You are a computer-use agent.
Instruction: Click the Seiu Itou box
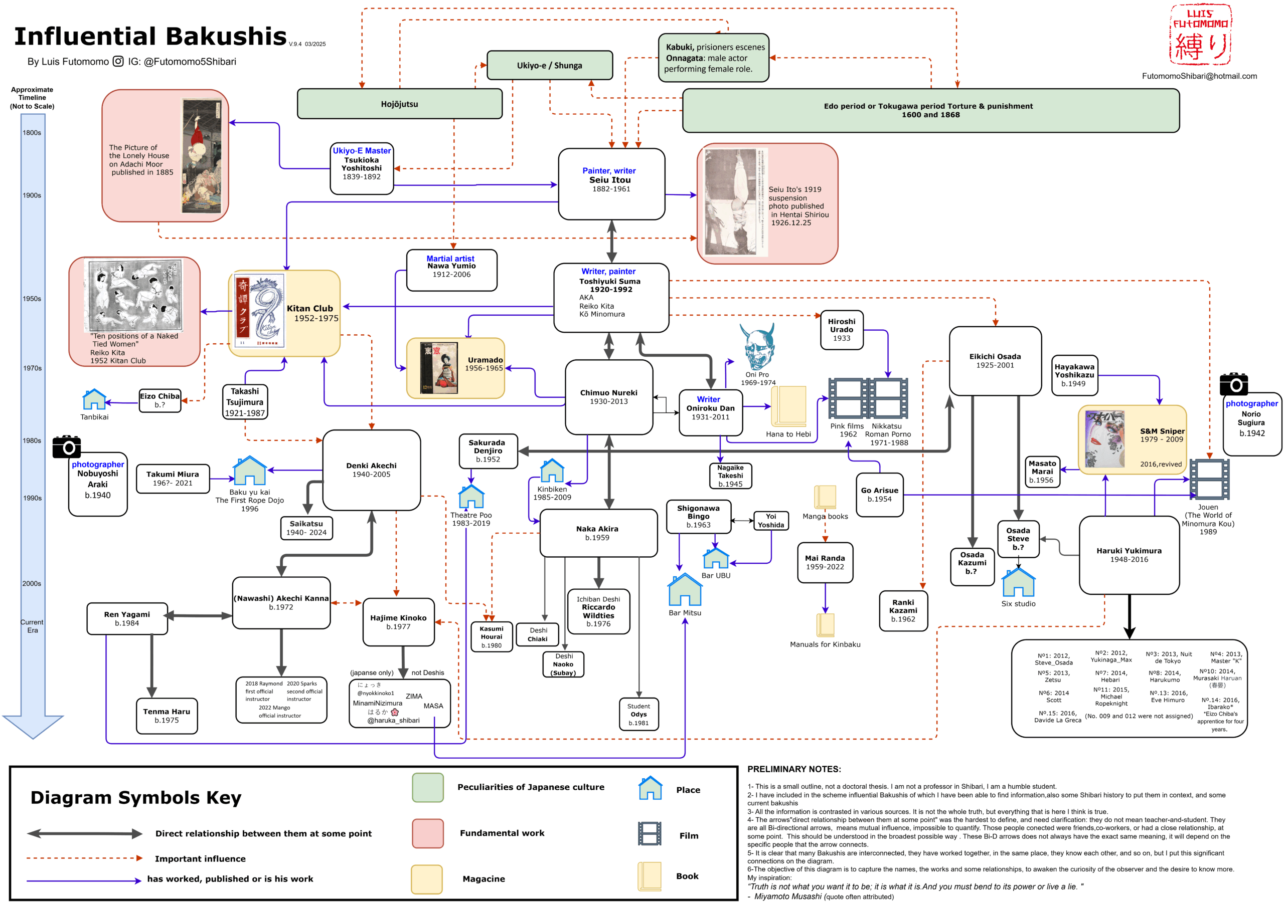tap(611, 184)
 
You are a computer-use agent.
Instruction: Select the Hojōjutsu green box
tap(399, 104)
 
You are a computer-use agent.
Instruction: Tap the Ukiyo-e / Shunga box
tap(549, 65)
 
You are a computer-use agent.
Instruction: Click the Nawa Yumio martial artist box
tap(451, 270)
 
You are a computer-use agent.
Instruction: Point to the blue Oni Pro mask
tap(757, 346)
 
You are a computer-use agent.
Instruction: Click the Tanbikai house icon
tap(94, 399)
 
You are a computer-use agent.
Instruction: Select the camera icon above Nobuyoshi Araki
tap(67, 446)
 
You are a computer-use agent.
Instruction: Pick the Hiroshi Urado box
tap(841, 330)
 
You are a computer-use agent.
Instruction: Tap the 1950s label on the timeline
tap(32, 299)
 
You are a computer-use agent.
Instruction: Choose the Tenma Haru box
tap(167, 716)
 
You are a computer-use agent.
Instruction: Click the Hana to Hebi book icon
tap(788, 406)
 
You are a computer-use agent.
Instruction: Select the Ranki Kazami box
tap(903, 610)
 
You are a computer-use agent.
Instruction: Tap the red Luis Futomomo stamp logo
tap(1200, 35)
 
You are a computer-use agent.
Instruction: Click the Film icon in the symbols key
tap(650, 833)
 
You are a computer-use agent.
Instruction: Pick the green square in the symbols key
tap(428, 787)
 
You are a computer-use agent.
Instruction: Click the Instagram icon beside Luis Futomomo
tap(118, 62)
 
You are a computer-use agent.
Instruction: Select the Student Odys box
tap(638, 714)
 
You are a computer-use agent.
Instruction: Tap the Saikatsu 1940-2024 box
tap(306, 528)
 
